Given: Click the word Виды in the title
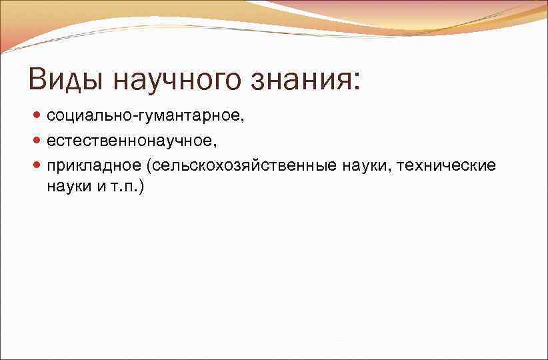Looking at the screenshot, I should point(65,79).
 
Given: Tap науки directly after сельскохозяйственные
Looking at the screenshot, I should point(367,165).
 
